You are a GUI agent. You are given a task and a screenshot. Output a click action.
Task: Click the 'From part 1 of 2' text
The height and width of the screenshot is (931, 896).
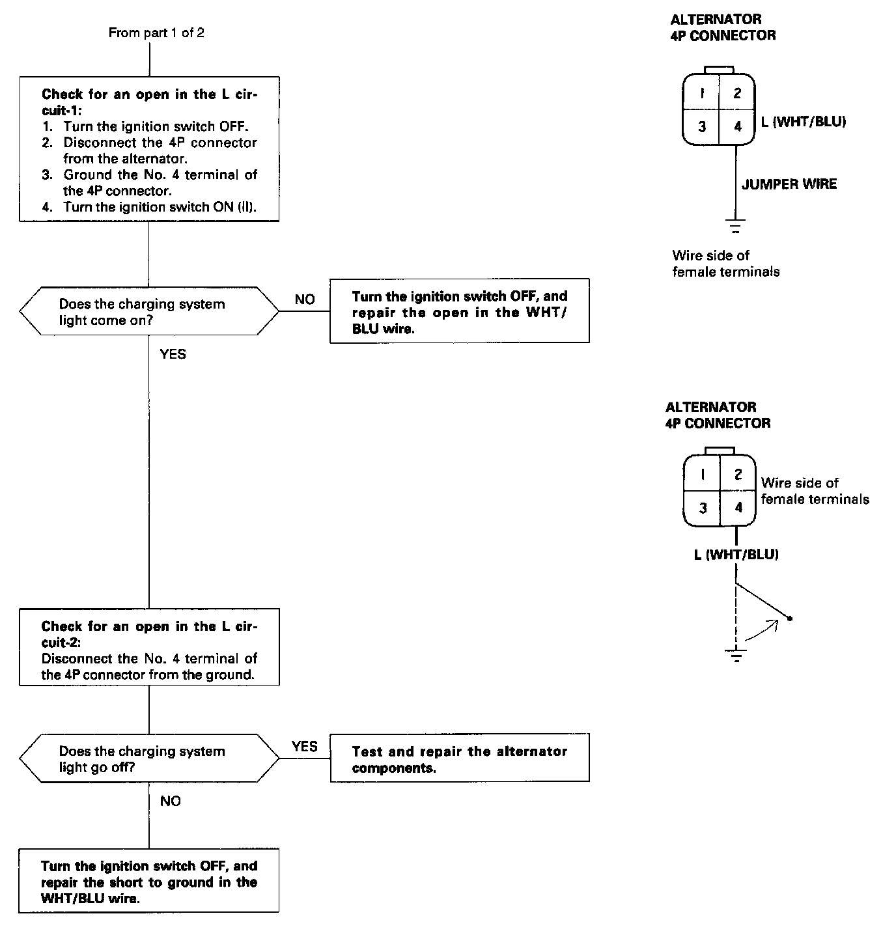pos(156,33)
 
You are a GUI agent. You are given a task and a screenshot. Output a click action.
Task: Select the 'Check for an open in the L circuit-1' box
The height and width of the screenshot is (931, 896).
pos(149,149)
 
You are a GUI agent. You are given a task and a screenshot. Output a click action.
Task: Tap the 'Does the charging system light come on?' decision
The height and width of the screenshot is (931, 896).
pos(149,311)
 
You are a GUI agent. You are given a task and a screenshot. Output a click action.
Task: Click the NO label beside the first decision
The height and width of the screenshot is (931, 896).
pos(304,299)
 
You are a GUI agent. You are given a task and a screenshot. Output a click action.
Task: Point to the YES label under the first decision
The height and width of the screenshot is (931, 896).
pos(173,354)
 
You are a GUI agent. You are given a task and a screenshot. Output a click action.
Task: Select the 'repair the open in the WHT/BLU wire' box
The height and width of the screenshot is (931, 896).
pos(459,312)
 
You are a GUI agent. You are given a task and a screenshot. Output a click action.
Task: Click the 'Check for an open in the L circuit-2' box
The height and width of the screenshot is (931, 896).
pos(149,646)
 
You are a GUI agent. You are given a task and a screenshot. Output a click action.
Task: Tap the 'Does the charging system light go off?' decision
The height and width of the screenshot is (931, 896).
pos(149,758)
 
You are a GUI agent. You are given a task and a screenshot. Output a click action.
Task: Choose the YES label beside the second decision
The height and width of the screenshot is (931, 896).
pos(304,746)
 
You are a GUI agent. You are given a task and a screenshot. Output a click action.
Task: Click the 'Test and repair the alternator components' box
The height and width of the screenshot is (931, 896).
pos(459,758)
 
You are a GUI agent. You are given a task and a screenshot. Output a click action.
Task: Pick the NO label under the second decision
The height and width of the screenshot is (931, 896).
pos(170,801)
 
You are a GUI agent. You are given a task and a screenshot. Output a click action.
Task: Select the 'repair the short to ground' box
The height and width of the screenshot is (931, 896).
pos(149,881)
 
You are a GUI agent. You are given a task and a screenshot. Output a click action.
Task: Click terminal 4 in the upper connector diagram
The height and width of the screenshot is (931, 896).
pos(737,126)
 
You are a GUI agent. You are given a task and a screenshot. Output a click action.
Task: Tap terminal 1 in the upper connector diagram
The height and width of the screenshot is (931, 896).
pos(702,93)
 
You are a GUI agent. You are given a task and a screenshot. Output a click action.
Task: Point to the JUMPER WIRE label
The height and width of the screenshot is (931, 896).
pos(789,184)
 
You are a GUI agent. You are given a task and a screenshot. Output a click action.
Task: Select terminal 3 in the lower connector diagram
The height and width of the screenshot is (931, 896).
pos(703,507)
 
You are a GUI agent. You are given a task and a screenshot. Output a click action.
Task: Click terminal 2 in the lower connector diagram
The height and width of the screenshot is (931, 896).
pos(738,474)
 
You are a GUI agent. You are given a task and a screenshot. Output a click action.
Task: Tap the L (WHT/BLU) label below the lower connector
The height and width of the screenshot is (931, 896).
pos(736,555)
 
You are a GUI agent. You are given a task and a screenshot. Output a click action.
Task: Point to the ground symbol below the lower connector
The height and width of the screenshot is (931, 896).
pos(736,655)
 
